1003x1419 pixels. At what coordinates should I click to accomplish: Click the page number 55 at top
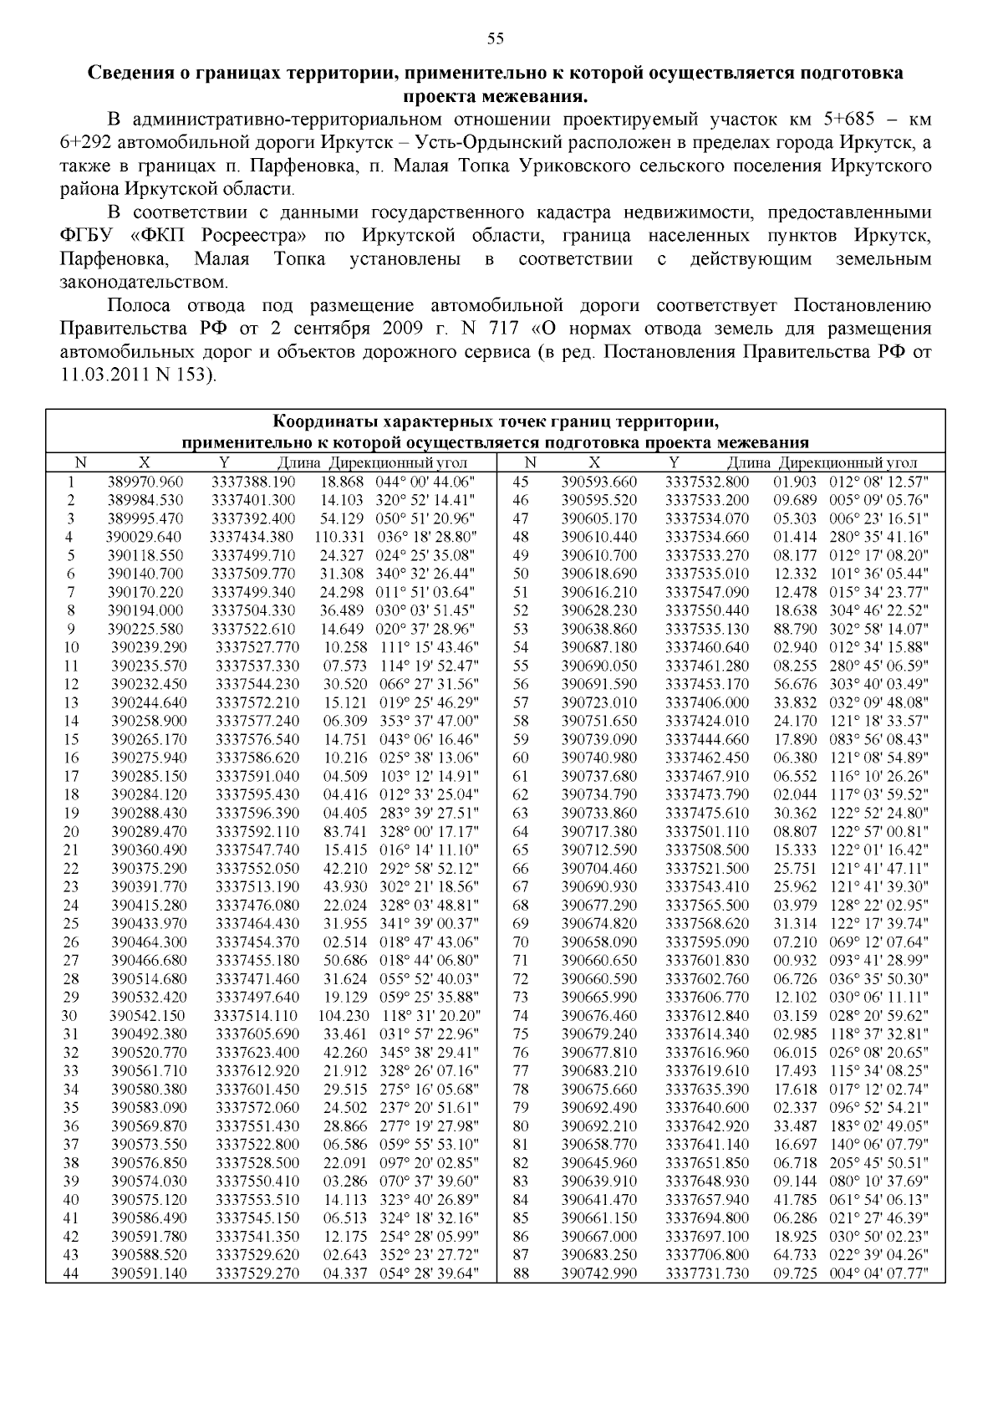pos(495,38)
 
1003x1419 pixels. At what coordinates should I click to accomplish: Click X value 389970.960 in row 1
pos(145,482)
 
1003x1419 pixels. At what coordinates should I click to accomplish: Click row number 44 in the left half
pos(71,1274)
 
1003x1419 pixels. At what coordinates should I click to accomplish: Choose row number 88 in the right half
pos(521,1274)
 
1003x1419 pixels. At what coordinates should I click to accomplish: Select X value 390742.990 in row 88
pos(598,1274)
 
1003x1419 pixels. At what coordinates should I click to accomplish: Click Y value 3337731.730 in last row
pos(707,1274)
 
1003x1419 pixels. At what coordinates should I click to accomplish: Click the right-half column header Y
pos(674,462)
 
